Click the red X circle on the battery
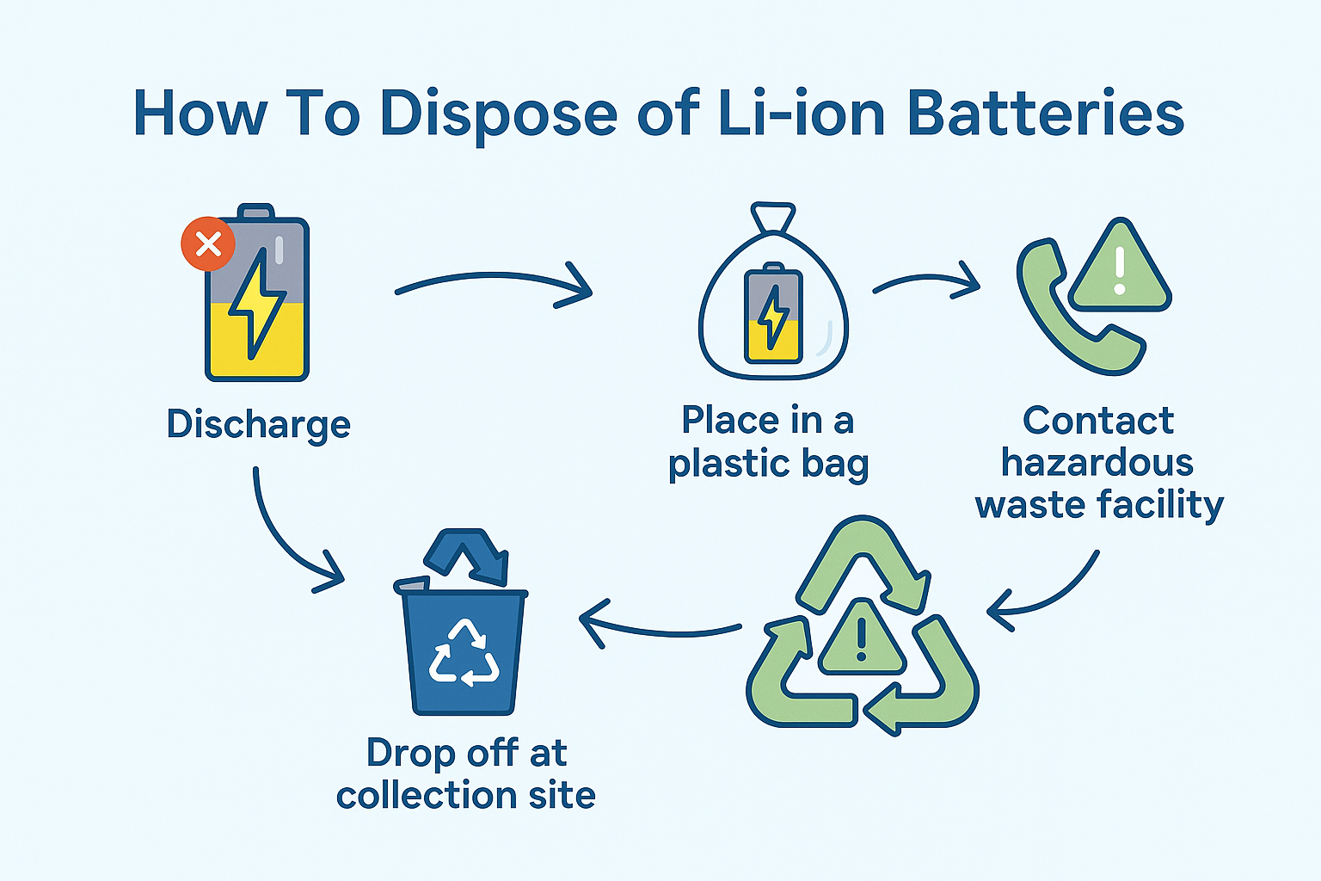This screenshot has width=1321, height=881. click(x=208, y=244)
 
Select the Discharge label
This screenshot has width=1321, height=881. click(x=259, y=424)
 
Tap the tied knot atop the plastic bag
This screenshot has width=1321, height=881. click(x=773, y=217)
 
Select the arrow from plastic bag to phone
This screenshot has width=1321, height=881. click(x=926, y=283)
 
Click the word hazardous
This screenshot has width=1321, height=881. click(x=1097, y=463)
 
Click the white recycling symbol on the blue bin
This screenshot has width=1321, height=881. click(x=464, y=653)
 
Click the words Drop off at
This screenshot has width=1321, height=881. click(x=466, y=753)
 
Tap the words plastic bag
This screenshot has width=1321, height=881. click(x=768, y=465)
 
